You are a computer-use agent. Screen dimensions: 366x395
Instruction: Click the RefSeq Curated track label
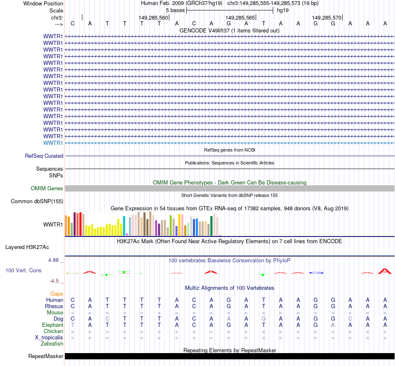[44, 156]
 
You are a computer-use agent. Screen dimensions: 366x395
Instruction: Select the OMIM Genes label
[47, 189]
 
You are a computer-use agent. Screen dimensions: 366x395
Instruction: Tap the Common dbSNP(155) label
[37, 202]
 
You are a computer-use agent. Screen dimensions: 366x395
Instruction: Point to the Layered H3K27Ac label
[27, 247]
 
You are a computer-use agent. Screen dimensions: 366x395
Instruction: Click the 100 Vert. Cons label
[23, 271]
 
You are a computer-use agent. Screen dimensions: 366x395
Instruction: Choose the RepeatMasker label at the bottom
[46, 356]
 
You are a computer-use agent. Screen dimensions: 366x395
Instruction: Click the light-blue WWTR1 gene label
[53, 143]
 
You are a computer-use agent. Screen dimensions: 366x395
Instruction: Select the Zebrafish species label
[52, 344]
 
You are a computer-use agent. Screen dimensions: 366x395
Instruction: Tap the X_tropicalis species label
[49, 338]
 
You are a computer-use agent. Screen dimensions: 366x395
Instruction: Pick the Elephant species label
[52, 325]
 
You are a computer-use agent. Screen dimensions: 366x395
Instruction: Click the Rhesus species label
[54, 306]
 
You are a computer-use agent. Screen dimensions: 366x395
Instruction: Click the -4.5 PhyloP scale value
[55, 281]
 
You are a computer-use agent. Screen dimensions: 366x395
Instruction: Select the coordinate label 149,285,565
[240, 18]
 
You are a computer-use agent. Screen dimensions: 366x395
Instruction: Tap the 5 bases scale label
[175, 10]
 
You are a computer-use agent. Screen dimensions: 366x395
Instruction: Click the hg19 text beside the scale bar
[283, 10]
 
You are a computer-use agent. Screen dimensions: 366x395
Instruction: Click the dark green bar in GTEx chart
[211, 225]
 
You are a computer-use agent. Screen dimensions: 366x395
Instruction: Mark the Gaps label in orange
[57, 294]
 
